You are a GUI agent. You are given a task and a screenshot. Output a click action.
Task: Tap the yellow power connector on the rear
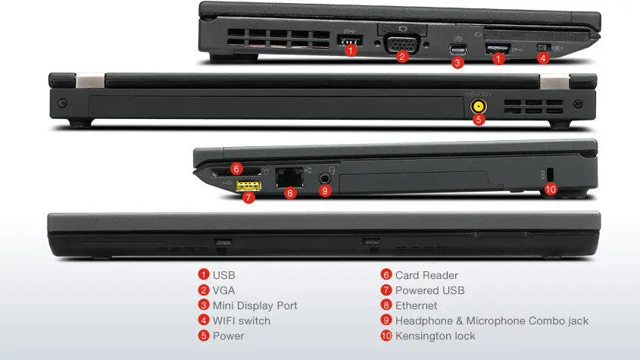479,107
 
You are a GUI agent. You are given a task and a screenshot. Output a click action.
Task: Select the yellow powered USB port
248,185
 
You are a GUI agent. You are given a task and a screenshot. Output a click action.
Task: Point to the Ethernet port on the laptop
289,178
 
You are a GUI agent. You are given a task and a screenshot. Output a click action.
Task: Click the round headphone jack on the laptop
325,178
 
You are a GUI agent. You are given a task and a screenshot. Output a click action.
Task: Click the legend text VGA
224,290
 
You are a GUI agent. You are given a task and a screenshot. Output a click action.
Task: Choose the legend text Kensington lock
435,336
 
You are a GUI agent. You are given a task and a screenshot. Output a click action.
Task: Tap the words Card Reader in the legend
426,275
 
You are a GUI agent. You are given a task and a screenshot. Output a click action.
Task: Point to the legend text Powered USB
429,290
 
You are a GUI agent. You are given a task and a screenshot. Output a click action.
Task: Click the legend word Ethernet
416,305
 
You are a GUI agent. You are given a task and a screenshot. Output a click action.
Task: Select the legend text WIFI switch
241,321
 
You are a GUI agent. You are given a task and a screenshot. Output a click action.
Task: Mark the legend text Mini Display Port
254,305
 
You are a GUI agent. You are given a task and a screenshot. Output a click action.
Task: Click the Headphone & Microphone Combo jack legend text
492,321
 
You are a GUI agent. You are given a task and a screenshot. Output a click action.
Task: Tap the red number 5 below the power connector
479,119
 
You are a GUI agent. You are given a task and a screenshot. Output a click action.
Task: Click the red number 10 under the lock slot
551,190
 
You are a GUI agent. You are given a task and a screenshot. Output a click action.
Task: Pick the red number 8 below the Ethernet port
289,193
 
